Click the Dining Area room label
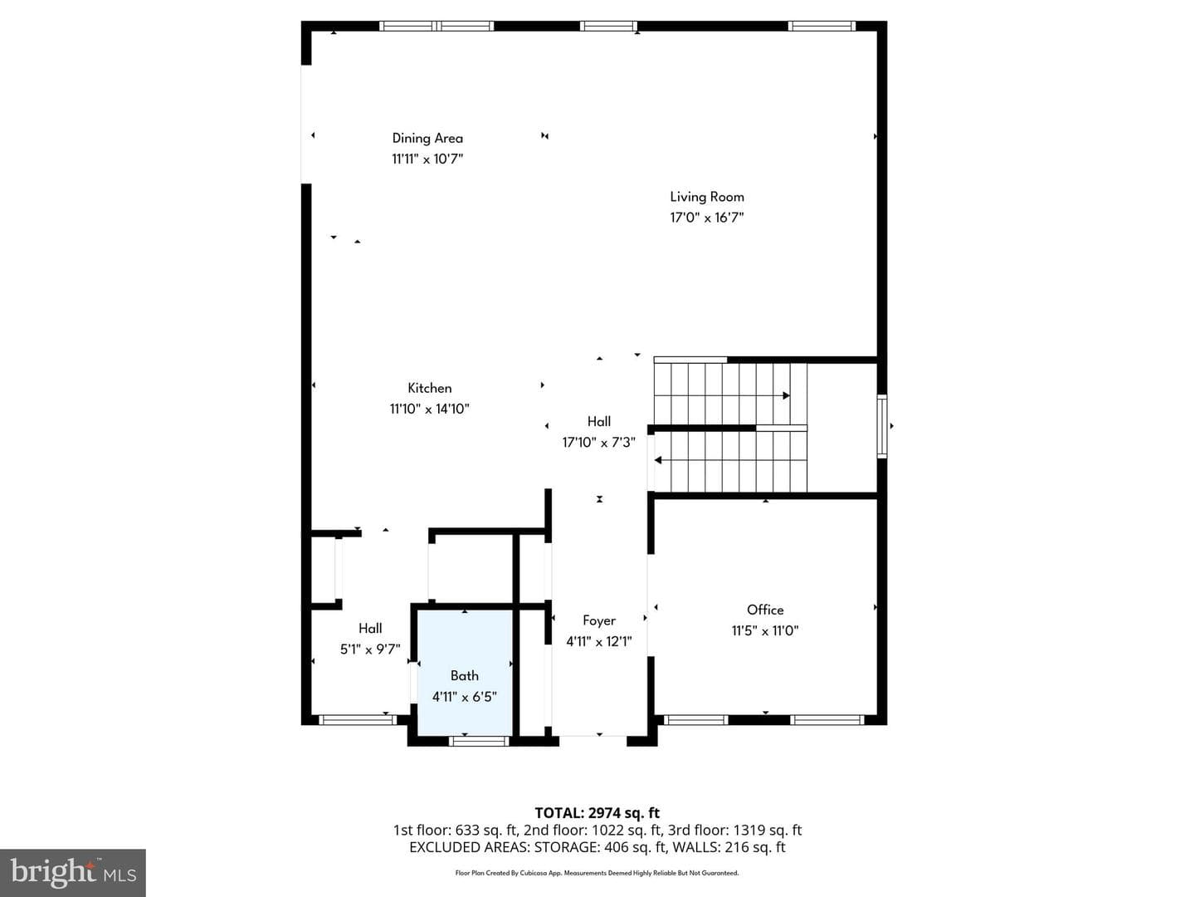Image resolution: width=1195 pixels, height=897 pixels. pos(427,139)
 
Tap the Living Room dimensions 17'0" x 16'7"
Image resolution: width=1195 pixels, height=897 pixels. pos(707,218)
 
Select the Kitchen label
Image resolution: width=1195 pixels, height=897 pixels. pos(430,389)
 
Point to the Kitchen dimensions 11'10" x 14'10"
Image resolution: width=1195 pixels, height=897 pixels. pos(430,409)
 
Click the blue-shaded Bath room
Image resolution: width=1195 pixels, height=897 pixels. pos(465,673)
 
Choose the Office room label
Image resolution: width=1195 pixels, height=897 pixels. pos(765,610)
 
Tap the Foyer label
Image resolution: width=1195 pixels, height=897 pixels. pos(599,621)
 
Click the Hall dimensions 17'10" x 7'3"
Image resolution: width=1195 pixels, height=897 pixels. pos(599,442)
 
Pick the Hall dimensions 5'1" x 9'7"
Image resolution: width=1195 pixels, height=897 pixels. pos(370,649)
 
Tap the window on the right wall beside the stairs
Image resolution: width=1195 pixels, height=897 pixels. pos(882,426)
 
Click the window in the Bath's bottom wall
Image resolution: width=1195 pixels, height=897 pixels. pos(479,741)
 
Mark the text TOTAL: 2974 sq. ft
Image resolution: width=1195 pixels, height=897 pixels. pos(597,813)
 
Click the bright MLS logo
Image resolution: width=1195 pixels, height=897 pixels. pos(73,872)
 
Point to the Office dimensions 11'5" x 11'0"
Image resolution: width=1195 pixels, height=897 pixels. pos(765,630)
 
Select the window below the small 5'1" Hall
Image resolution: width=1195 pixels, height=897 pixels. pos(358,720)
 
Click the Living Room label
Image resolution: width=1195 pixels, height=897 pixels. pos(707,197)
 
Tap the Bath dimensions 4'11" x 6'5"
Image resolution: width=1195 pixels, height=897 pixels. pos(465,697)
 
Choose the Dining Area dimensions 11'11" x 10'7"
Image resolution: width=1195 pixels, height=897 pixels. pos(427,159)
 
